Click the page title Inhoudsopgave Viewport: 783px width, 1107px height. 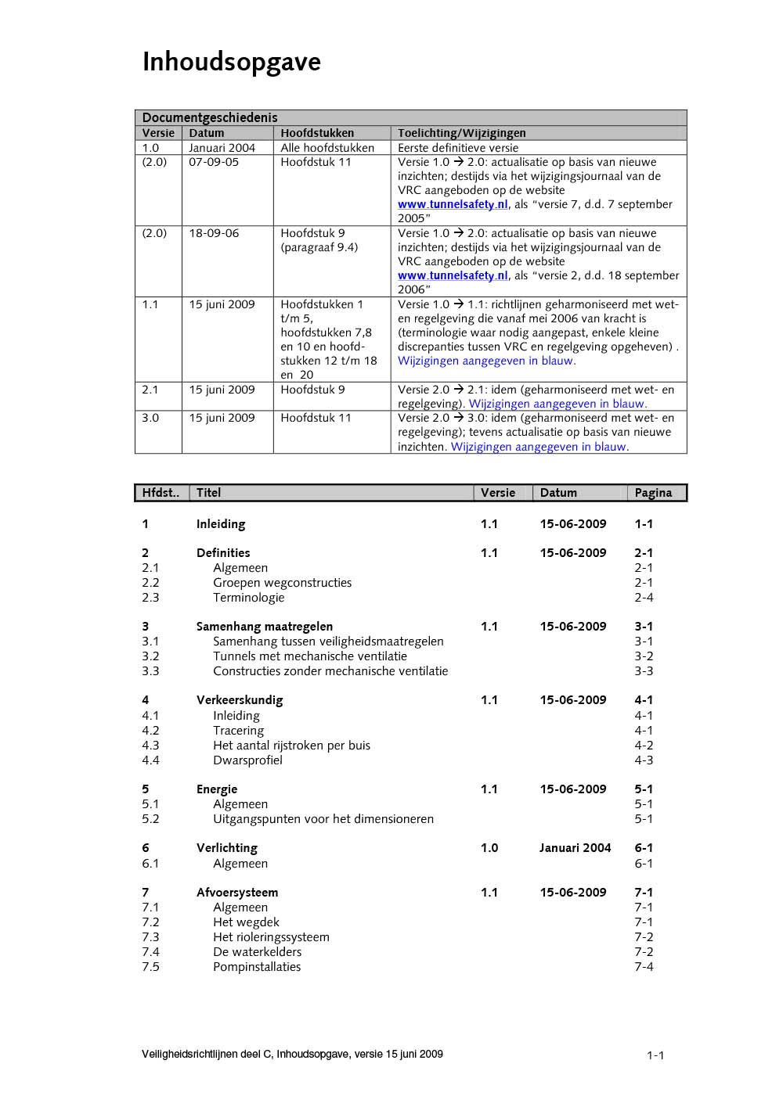coord(231,62)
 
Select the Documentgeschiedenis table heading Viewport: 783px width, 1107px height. coord(209,117)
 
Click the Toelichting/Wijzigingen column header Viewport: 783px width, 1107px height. coord(461,133)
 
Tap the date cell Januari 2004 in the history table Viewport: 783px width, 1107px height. coord(222,148)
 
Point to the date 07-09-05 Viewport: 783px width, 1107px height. coord(214,162)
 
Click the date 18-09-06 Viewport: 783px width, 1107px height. coord(214,233)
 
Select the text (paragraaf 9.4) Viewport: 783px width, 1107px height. coord(319,247)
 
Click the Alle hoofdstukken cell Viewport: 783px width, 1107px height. coord(327,148)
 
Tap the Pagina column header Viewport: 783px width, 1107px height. coord(653,493)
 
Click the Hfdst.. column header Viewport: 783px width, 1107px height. coord(161,493)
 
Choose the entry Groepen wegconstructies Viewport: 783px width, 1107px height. coord(282,583)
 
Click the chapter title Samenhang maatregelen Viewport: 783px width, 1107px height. coord(264,627)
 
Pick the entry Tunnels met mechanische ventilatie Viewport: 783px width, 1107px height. coord(310,656)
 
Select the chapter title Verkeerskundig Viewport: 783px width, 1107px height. coord(239,700)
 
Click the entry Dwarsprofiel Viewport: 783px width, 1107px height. coord(247,760)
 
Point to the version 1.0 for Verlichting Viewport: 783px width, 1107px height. coord(489,848)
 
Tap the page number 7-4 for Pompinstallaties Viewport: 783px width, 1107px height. coord(644,967)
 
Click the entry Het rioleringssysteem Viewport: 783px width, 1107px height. coord(271,937)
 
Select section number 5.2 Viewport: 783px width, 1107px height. coord(150,819)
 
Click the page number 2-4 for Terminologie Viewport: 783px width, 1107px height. coord(644,598)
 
